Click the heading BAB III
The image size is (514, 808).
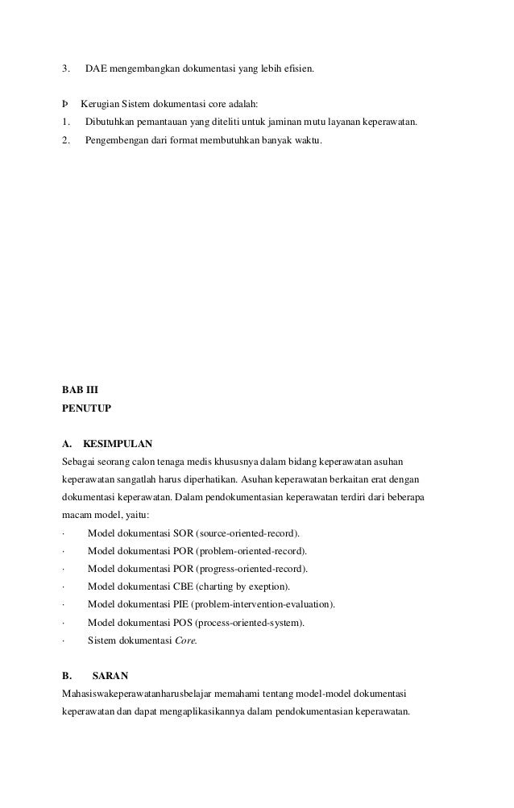pos(80,389)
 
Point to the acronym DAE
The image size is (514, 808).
pos(97,69)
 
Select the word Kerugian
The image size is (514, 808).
pos(99,105)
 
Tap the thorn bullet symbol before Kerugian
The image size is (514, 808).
pos(65,105)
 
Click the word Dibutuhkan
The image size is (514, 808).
pos(110,122)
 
